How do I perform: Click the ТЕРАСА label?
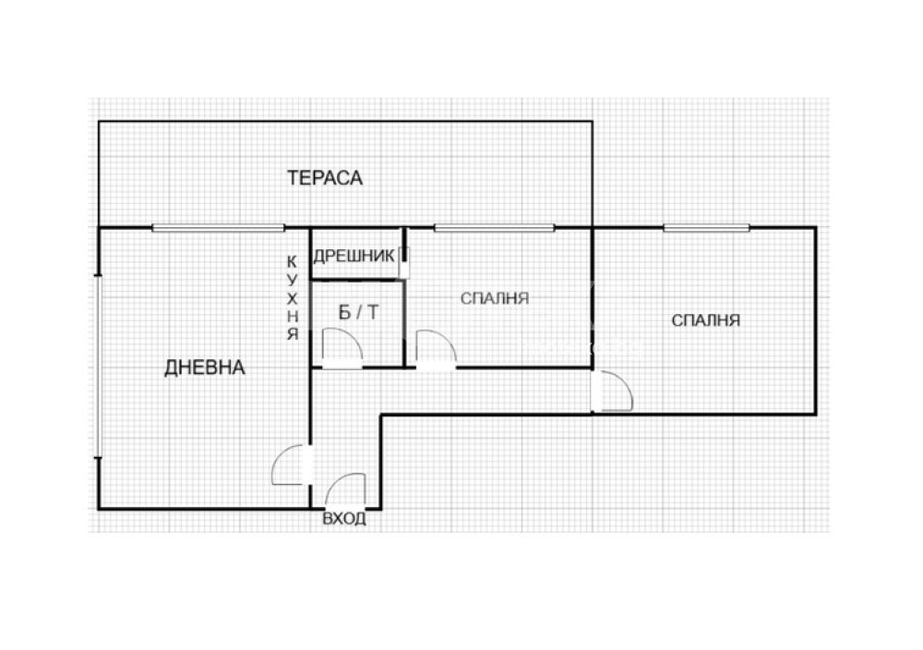tap(324, 177)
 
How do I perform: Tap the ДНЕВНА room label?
tap(204, 367)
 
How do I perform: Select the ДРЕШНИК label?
tap(354, 256)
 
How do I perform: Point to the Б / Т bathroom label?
tap(358, 312)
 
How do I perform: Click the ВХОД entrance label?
tap(344, 519)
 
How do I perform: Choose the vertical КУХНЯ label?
tap(293, 298)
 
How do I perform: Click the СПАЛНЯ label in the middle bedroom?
tap(495, 298)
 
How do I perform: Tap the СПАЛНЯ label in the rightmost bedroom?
tap(706, 320)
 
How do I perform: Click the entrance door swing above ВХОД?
tap(345, 490)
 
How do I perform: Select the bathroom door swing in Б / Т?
tap(342, 349)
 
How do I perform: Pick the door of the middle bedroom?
tap(437, 350)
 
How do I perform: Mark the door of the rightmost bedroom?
tap(612, 391)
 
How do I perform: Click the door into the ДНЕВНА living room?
tap(293, 465)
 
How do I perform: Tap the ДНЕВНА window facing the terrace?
tap(219, 228)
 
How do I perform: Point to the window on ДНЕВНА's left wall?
tap(99, 365)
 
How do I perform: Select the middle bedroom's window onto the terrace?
tap(495, 228)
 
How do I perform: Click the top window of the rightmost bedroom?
tap(706, 228)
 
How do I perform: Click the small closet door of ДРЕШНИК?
tap(404, 262)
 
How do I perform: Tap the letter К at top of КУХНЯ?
tap(293, 261)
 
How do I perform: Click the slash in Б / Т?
tap(359, 312)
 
